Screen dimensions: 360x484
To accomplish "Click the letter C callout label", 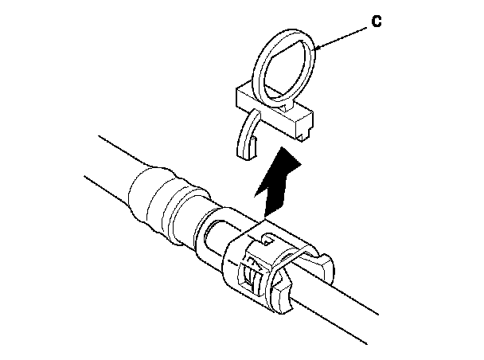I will point(377,22).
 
